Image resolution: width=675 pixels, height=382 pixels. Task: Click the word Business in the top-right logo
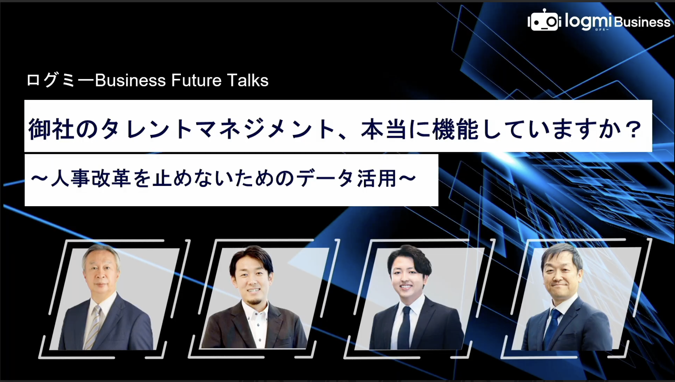click(x=642, y=22)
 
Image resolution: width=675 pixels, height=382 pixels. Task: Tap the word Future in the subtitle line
click(x=196, y=80)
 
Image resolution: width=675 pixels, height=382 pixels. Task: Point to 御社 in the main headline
click(x=51, y=129)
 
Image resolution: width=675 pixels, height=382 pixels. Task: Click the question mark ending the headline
click(x=633, y=129)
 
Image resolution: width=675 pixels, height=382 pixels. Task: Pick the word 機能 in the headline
click(x=456, y=129)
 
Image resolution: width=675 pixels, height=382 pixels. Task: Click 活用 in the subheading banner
click(x=377, y=178)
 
